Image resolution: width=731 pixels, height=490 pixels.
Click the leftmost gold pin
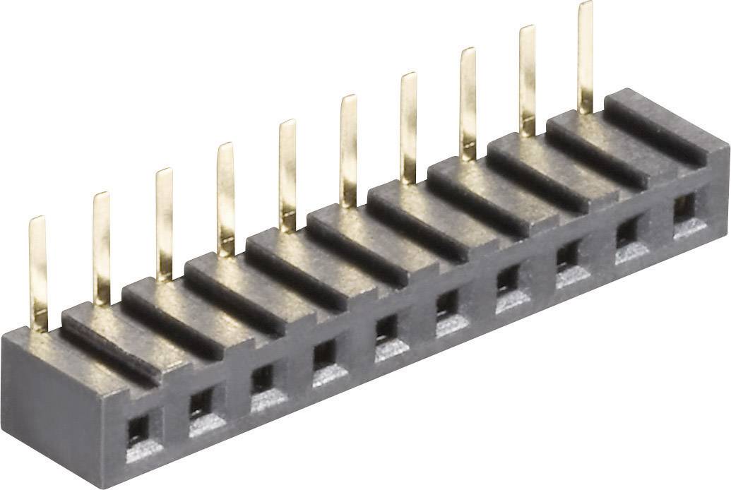38,272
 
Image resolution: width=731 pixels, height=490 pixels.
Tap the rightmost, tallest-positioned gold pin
585,56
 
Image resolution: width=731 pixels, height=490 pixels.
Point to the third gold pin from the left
163,222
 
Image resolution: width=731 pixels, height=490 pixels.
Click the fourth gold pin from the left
225,198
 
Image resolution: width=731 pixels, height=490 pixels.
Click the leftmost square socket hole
138,429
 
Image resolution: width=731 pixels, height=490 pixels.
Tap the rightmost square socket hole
684,207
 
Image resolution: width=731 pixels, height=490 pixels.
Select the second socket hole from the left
201,404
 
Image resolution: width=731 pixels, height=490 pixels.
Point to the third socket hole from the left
262,379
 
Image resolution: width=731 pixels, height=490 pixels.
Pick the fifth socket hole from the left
386,328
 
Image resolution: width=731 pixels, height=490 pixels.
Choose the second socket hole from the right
626,231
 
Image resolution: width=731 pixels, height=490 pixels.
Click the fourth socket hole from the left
324,354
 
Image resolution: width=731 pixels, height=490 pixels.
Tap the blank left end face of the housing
49,410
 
